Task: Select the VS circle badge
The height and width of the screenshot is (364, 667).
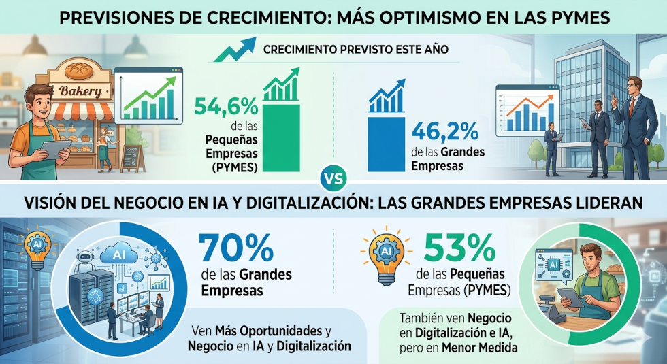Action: [333, 180]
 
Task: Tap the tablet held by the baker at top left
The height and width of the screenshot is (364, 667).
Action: [52, 148]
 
